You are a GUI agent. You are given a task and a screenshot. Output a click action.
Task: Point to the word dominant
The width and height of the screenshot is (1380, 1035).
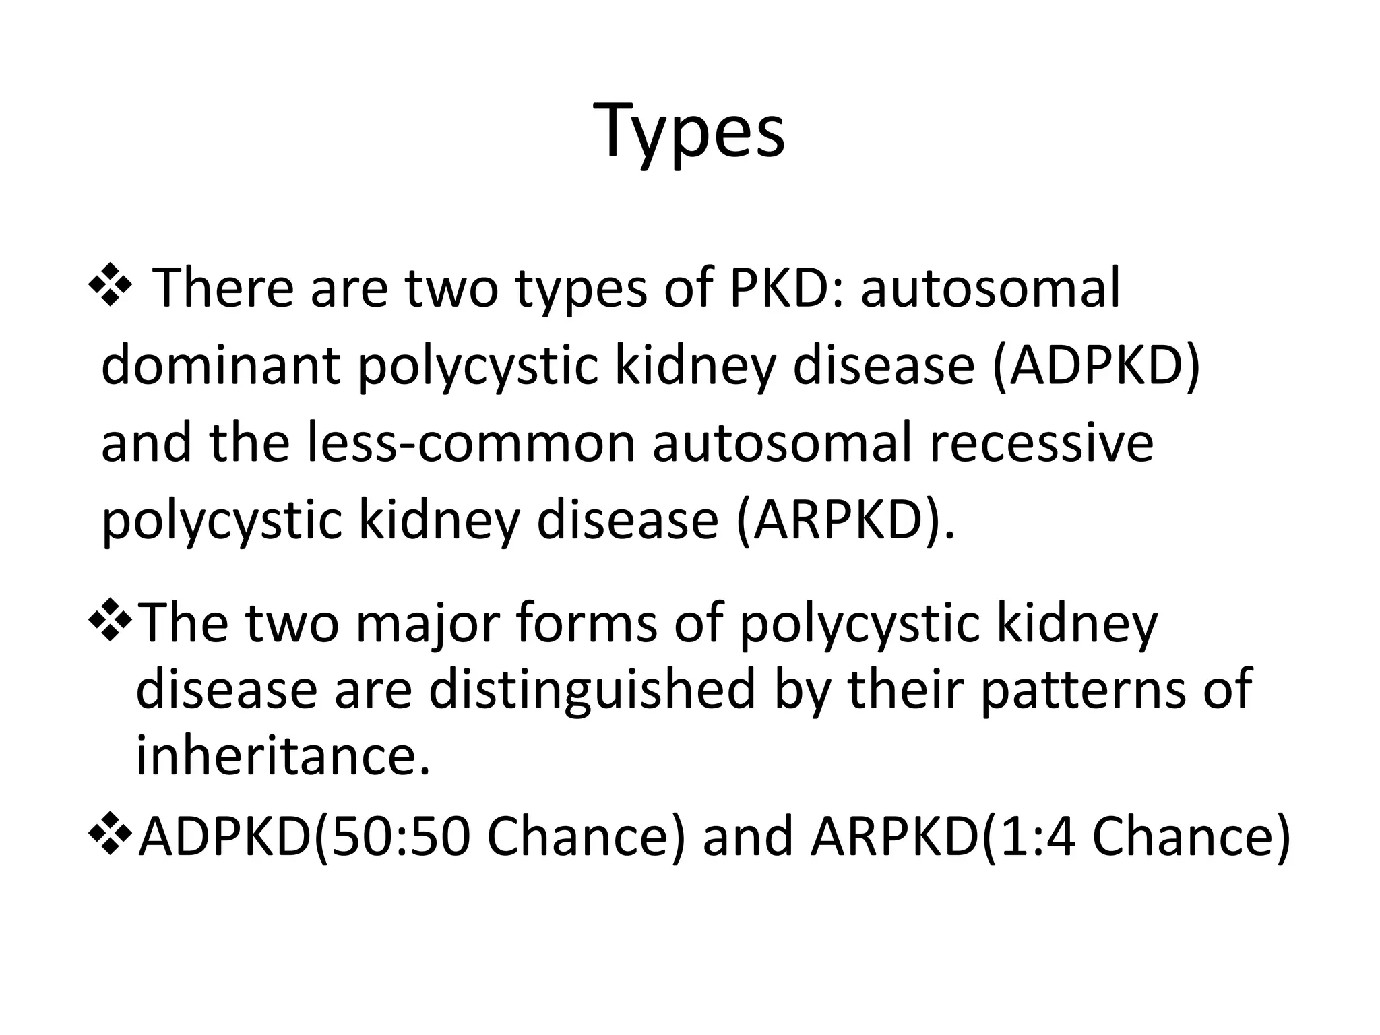220,365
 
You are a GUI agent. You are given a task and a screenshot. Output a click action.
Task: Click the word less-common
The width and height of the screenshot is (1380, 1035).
471,443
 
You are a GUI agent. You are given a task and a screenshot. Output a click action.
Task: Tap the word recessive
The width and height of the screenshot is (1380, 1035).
1041,443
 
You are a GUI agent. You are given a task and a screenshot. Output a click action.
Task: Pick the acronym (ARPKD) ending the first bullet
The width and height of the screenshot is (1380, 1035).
844,520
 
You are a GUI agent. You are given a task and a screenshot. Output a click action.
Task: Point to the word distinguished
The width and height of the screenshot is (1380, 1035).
592,689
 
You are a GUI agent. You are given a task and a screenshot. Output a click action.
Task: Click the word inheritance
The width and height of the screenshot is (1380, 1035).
283,755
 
